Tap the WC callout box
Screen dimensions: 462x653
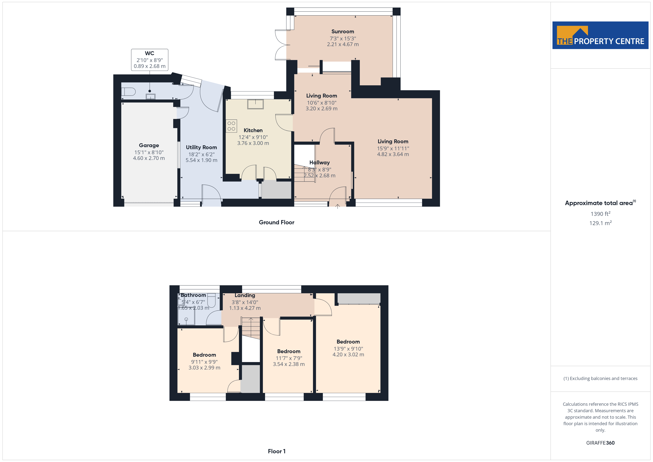(x=150, y=60)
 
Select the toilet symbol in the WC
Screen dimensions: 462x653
(x=129, y=92)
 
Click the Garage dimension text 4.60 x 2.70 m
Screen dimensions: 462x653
(x=149, y=158)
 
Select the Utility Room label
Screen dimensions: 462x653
(x=201, y=147)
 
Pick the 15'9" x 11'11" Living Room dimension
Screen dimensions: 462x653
(x=393, y=148)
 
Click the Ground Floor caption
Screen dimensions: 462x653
(x=277, y=222)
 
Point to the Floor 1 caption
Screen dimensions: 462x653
(x=277, y=451)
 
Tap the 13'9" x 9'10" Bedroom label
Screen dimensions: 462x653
(x=348, y=342)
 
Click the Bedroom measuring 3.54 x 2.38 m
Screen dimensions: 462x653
(x=289, y=351)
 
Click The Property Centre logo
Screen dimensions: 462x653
(x=600, y=35)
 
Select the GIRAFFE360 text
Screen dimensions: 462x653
(x=600, y=443)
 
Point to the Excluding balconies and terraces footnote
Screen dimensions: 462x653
(x=600, y=378)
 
